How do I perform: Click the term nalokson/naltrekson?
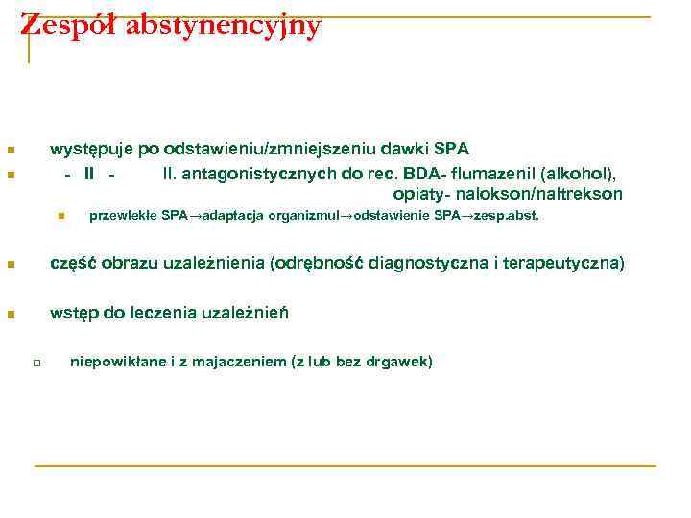(x=550, y=195)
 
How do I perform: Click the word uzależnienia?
(x=220, y=264)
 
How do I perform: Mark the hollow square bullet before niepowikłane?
(x=34, y=363)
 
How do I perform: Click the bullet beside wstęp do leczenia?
(x=8, y=314)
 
